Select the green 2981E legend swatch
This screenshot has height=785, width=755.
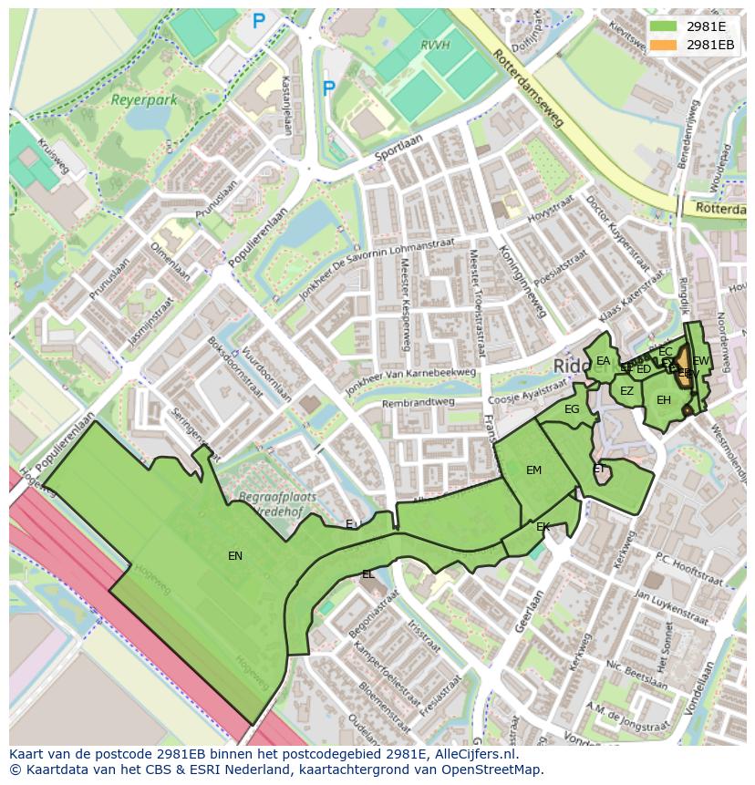click(x=664, y=26)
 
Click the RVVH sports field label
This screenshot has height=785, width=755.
click(x=437, y=43)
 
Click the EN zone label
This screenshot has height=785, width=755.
click(x=235, y=555)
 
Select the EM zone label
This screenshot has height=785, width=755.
click(x=533, y=470)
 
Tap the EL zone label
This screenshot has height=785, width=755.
click(x=367, y=574)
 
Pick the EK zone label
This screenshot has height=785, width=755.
click(x=543, y=527)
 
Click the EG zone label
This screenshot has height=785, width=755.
click(x=572, y=409)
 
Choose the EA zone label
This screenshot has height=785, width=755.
click(x=603, y=361)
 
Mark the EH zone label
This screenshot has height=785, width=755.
click(x=664, y=400)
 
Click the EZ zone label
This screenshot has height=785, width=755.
click(x=626, y=391)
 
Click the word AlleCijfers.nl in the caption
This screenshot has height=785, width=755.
click(x=475, y=755)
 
